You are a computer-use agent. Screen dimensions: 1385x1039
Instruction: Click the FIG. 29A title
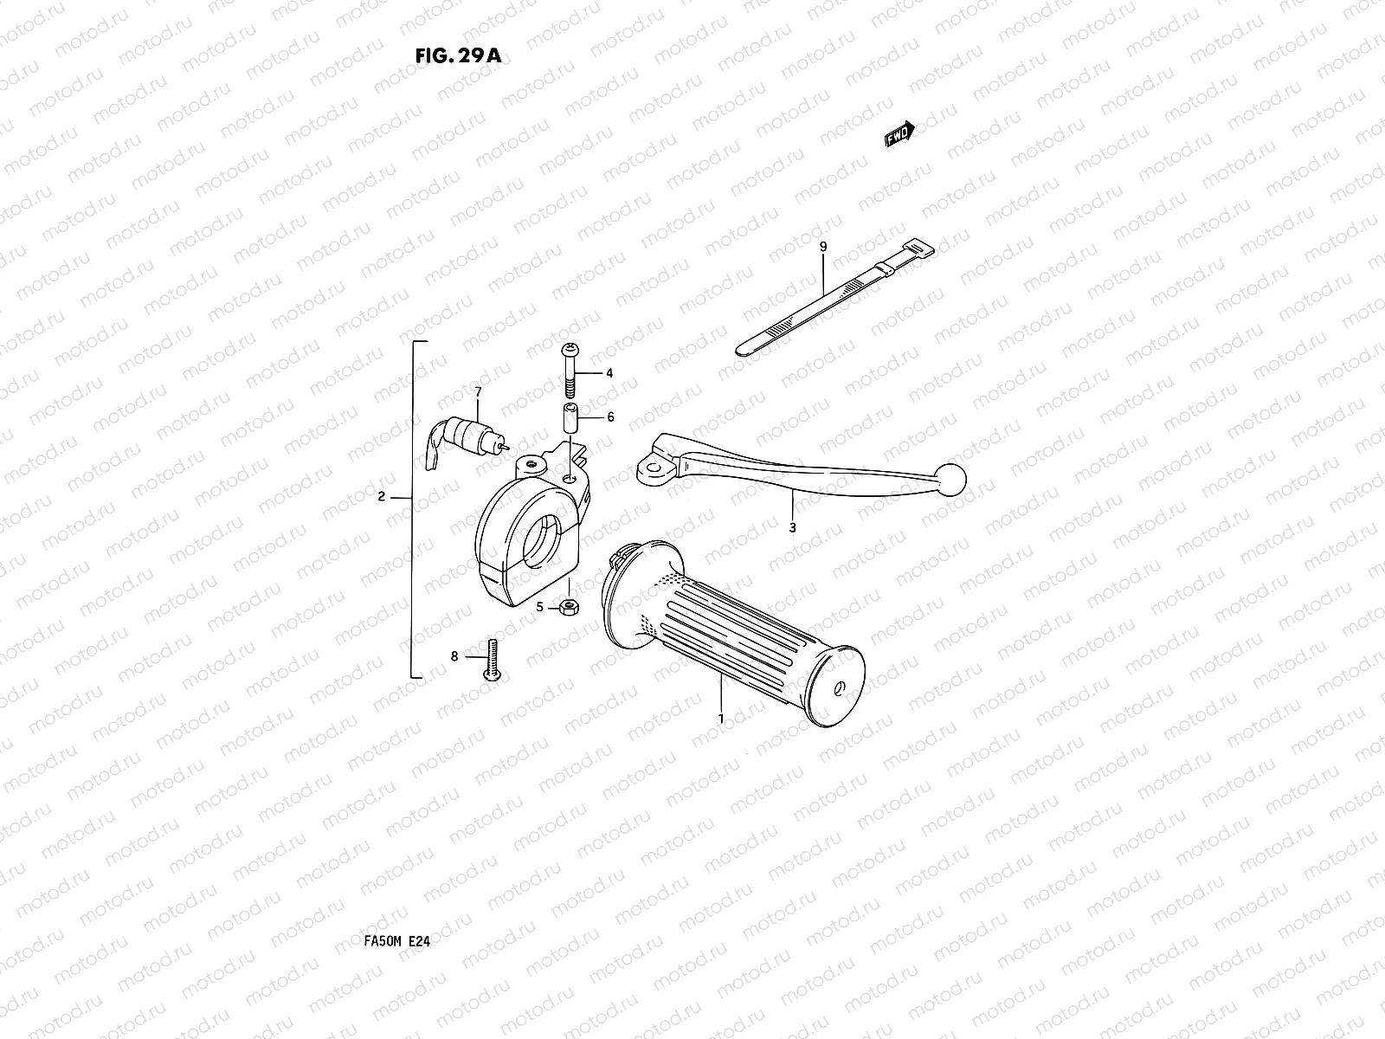[x=457, y=56]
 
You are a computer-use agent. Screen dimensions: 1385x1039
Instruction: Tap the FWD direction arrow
[x=899, y=134]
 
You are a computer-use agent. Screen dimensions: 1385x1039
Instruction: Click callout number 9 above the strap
[x=823, y=247]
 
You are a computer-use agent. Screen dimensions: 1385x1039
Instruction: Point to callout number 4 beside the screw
[x=609, y=373]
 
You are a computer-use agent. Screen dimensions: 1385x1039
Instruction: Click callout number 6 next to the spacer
[x=610, y=417]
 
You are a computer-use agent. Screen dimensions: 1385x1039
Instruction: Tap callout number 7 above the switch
[x=477, y=392]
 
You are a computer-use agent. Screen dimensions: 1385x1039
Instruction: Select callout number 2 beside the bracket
[x=381, y=497]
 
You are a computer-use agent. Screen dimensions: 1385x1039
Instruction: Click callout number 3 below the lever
[x=792, y=526]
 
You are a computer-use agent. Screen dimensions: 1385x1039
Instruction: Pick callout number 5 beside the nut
[x=540, y=607]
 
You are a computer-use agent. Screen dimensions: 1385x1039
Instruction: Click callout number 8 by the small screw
[x=454, y=656]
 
